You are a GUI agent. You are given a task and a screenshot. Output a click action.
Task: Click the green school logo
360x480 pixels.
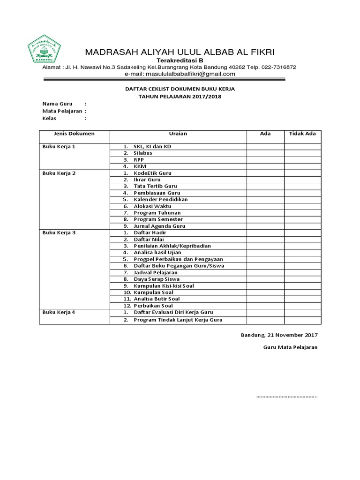tap(45, 49)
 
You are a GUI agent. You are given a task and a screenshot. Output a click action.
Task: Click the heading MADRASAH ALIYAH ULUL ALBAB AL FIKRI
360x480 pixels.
tap(180, 52)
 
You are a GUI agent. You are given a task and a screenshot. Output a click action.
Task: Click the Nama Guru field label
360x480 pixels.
tap(54, 104)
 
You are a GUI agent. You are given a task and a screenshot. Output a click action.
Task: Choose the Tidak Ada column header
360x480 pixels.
tap(302, 134)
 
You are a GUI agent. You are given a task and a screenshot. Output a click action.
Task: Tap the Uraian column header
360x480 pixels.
tap(178, 134)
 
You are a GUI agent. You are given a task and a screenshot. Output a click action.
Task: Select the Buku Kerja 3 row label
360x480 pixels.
tap(59, 232)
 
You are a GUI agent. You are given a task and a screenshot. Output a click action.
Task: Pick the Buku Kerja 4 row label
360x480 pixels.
tap(59, 312)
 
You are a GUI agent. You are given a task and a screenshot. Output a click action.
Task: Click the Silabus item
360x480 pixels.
tap(143, 153)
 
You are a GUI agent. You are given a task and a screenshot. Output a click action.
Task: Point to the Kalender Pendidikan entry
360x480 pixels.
tap(160, 199)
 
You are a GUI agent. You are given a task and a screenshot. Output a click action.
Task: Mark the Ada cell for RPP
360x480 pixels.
tap(265, 159)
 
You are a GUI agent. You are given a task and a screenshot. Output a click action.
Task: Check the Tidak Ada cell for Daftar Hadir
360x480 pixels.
tap(302, 232)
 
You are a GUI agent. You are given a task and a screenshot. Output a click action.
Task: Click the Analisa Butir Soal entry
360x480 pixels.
tap(157, 299)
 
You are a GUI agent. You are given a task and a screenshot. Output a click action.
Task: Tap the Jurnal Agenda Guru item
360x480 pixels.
tap(159, 226)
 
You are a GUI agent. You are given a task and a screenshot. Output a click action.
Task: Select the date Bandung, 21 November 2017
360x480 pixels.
tap(279, 335)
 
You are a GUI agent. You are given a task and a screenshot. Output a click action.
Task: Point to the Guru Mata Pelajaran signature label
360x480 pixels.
tap(290, 347)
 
